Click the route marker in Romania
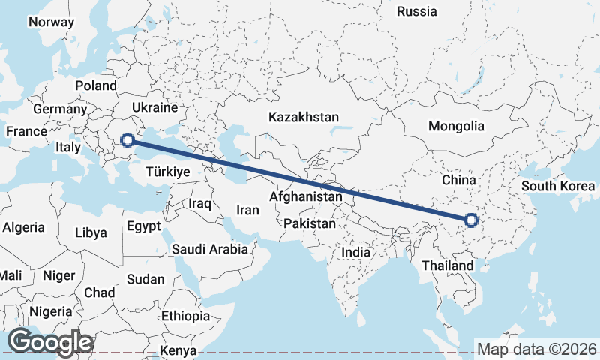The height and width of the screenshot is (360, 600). pos(127,139)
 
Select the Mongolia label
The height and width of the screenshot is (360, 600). pos(456,126)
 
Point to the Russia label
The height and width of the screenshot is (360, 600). pos(416,11)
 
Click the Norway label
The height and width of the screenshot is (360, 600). pos(51,22)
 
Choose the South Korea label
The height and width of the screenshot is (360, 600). pos(559,186)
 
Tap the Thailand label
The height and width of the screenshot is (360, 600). pos(447,265)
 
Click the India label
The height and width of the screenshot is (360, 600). pos(355,253)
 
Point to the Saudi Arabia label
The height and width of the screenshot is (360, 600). pos(210,249)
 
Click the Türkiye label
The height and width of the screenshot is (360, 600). pos(167,172)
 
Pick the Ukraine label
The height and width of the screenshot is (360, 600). pos(154,107)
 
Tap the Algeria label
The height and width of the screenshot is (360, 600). pos(23,227)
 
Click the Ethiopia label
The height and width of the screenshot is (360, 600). pos(185,316)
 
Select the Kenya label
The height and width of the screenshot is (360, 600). pos(178,350)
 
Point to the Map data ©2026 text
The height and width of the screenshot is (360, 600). pos(536,349)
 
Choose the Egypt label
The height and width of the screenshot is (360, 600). pos(143,226)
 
